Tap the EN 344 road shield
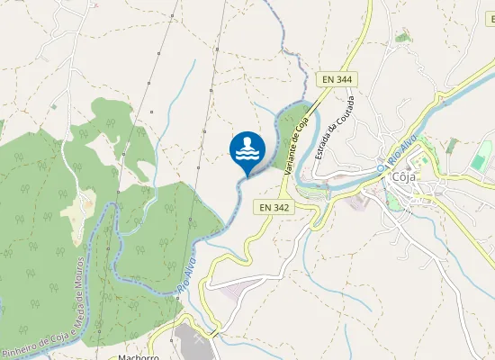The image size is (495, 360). [x=337, y=79]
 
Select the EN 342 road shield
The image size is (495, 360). [x=274, y=207]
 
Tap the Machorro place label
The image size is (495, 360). [x=138, y=356]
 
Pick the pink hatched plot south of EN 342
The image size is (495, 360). [x=236, y=290]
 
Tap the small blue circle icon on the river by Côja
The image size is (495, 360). [x=382, y=167]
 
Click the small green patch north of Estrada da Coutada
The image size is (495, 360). [x=402, y=37]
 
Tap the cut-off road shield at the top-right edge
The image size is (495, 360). [x=490, y=17]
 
